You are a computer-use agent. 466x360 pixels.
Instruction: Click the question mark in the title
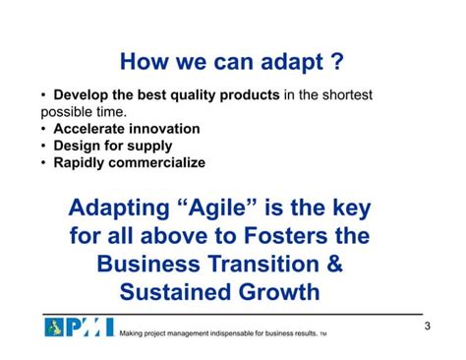336,63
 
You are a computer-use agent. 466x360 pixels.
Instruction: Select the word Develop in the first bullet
83,95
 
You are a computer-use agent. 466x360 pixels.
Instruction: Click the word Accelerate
90,129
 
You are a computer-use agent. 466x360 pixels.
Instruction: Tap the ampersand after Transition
352,266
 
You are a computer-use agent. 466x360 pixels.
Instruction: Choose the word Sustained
183,293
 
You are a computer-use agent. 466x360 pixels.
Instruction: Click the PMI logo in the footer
79,328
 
